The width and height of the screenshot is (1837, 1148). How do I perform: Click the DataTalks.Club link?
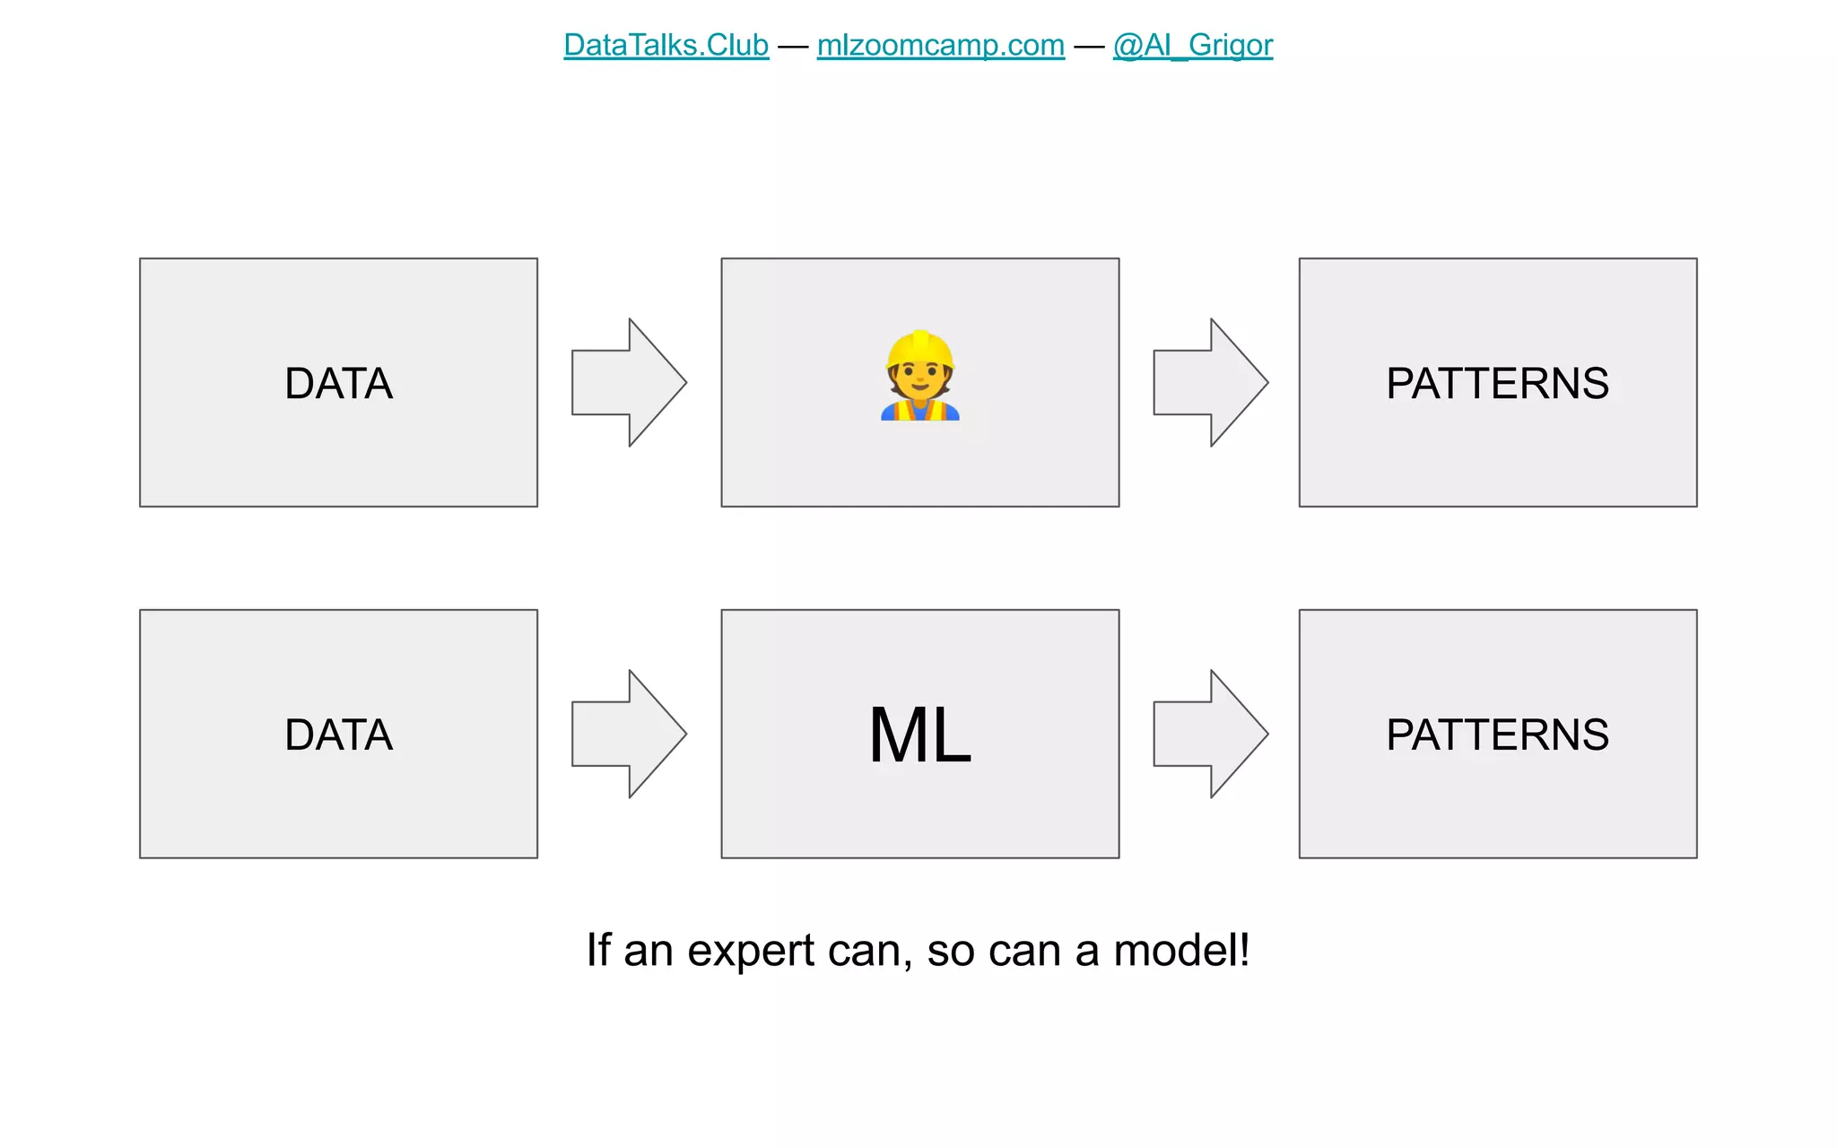pos(666,45)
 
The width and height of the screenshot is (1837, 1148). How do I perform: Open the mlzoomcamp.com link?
pos(940,45)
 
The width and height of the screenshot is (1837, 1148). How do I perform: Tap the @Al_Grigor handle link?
pos(1192,45)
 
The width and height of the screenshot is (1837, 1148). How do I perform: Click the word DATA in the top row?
pos(338,384)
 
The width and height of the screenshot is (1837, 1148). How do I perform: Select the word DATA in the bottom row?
pos(338,735)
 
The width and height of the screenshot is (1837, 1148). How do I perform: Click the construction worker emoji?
pos(920,377)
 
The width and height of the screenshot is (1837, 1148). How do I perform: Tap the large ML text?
pos(920,735)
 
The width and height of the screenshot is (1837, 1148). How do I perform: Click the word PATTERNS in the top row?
pos(1497,384)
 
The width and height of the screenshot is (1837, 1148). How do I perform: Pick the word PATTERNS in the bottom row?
pos(1497,735)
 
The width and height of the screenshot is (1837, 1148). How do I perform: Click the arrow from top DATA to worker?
pos(629,383)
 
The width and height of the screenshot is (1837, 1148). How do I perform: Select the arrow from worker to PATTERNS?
pos(1210,383)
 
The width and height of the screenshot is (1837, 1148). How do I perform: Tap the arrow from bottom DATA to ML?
pos(629,735)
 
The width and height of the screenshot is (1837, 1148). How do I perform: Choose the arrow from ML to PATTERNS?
pos(1210,735)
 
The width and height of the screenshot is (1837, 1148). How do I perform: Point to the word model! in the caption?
pos(1180,951)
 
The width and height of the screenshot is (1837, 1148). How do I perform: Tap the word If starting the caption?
pos(598,951)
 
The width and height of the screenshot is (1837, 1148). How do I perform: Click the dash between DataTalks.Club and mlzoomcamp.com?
pos(793,46)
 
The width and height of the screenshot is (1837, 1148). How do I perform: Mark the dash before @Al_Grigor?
pos(1089,46)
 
